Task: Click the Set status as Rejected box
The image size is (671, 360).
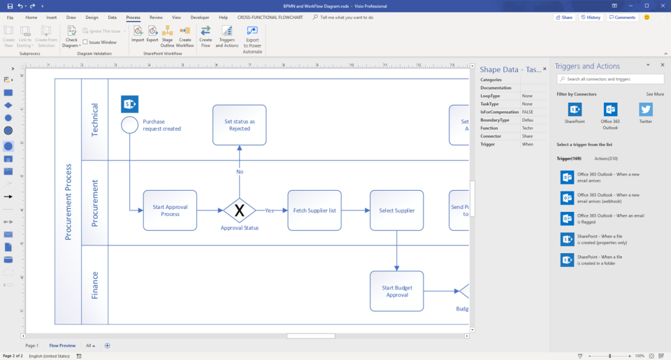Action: point(239,125)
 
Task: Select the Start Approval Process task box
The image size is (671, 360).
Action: point(170,210)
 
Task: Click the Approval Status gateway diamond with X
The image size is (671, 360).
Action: point(239,210)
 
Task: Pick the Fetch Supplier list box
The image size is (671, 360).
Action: point(315,210)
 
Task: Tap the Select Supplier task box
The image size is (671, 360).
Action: point(396,210)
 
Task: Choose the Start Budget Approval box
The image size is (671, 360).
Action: point(396,291)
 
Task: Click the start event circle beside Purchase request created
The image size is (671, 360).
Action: point(129,125)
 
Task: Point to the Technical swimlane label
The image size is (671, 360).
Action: point(95,119)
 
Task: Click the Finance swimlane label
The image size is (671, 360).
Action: point(95,285)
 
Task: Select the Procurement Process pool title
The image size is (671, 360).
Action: point(68,202)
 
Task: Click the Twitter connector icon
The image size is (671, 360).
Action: point(646,110)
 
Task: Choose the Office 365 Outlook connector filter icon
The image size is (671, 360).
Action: point(610,110)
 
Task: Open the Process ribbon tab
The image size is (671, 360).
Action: point(133,17)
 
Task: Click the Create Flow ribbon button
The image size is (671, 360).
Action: point(205,36)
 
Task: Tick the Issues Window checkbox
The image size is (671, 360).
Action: point(85,43)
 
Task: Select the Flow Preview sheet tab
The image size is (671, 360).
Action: point(62,345)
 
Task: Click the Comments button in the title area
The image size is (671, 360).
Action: point(622,17)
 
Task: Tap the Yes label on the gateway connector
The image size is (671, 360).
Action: point(269,210)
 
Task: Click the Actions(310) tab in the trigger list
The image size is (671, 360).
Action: point(606,159)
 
